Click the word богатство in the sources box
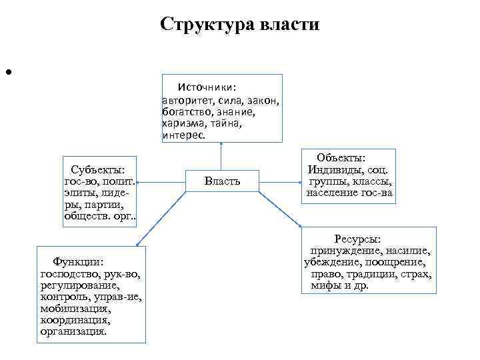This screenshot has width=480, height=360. pos(185,112)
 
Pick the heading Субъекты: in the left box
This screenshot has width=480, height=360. pos(98,169)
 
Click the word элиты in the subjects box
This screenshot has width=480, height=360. pos(80,192)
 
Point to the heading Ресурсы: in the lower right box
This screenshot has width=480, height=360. pos(357,239)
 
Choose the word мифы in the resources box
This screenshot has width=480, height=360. pos(323,285)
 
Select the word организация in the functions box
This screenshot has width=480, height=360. pos(73,331)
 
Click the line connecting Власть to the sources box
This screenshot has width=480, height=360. pos(221,157)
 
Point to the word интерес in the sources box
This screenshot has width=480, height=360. pos(183,135)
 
